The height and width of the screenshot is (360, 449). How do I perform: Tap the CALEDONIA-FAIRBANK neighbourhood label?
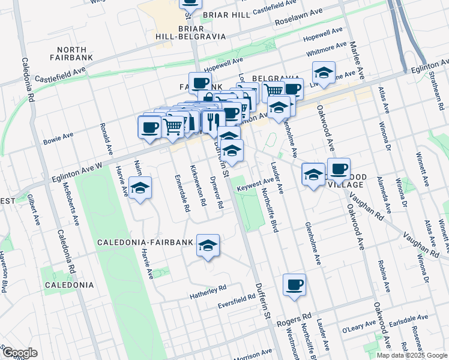click(x=145, y=242)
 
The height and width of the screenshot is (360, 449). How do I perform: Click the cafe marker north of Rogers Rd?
click(x=294, y=285)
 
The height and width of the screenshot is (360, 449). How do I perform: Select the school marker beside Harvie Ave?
click(x=140, y=188)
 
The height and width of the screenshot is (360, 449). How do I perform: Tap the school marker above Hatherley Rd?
click(x=208, y=245)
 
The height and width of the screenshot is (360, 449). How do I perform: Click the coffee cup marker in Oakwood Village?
click(x=339, y=169)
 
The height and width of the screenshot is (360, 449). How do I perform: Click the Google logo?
click(x=19, y=353)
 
